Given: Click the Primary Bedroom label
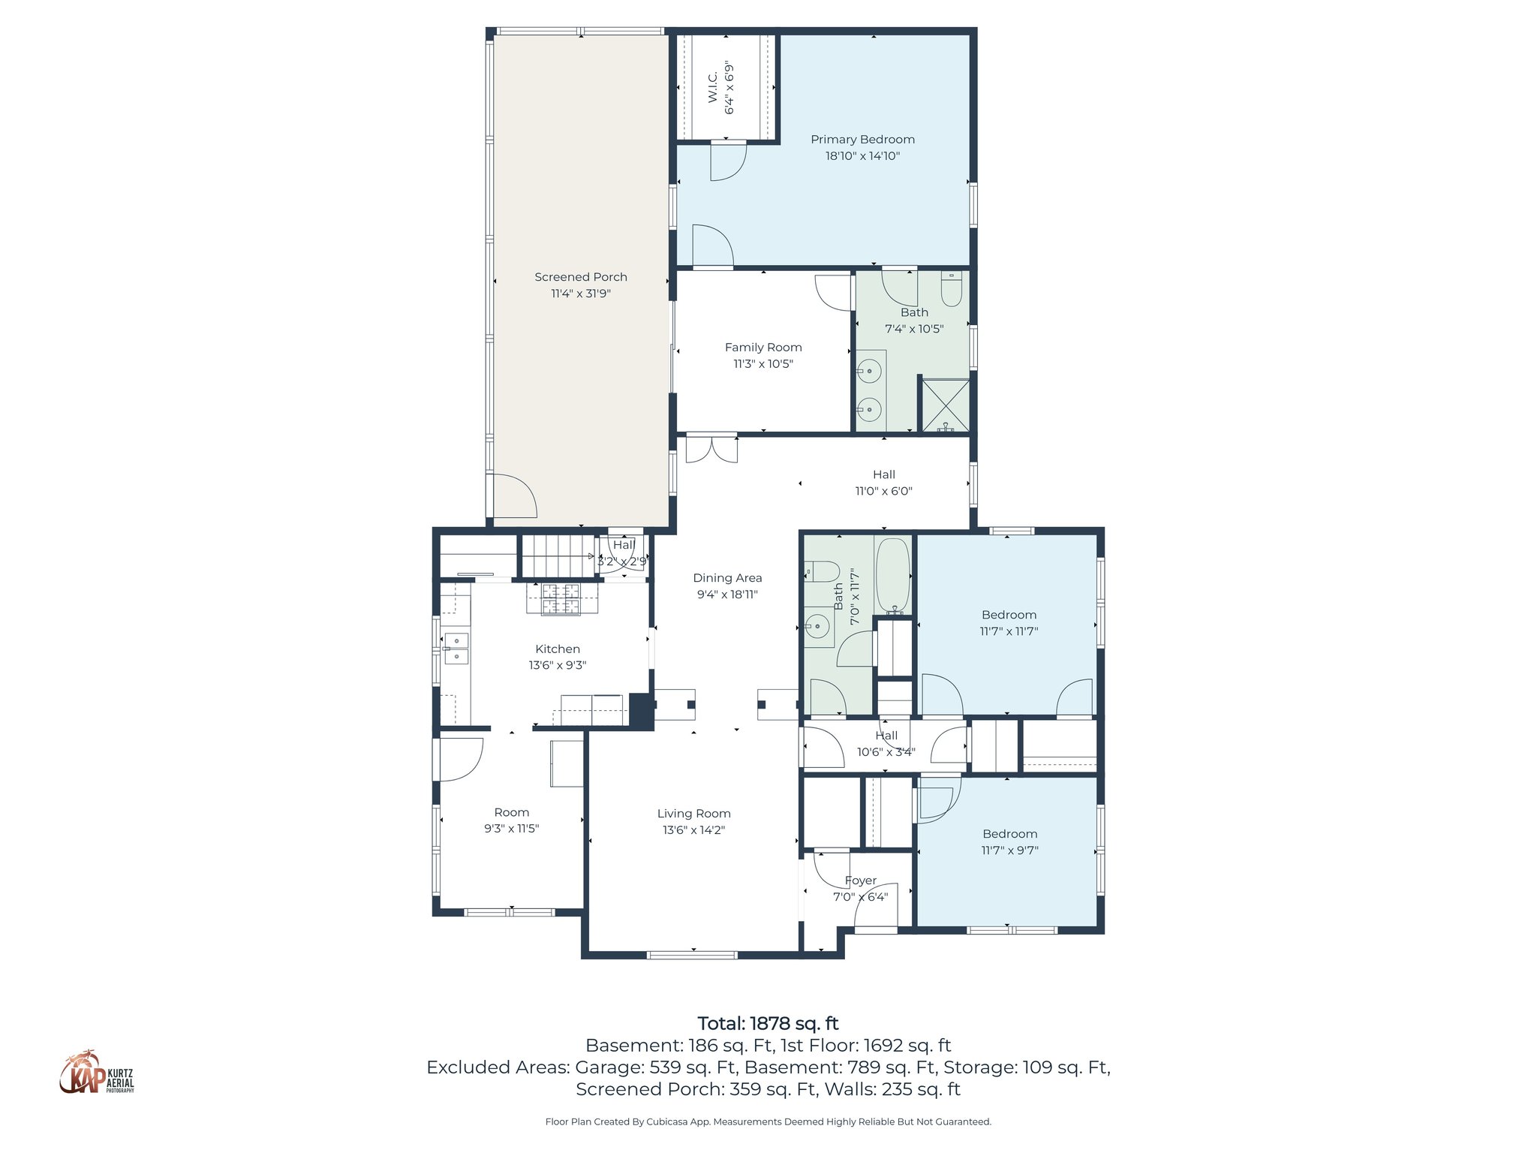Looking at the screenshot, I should (862, 140).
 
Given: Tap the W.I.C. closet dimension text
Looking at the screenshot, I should (729, 88).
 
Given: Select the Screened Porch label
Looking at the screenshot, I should (580, 277).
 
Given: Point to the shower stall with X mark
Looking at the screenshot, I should (945, 405).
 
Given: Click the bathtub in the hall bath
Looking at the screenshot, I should (892, 576).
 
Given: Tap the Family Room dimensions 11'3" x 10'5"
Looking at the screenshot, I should (762, 364).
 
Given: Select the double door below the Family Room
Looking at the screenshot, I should (711, 449).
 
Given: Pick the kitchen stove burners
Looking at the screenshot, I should (561, 599).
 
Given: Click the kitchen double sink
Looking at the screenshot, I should (456, 649).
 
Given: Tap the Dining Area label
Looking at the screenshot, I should (726, 578).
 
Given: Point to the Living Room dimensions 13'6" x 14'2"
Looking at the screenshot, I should (693, 830).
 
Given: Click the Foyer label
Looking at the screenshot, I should (860, 881).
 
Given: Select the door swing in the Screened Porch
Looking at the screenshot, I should (513, 495).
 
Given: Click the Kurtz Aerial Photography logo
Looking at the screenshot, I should (96, 1073).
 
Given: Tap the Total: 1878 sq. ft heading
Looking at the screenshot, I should (768, 1024).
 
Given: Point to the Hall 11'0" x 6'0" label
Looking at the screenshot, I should (883, 483).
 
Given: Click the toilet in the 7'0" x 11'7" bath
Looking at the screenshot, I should (821, 572).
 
